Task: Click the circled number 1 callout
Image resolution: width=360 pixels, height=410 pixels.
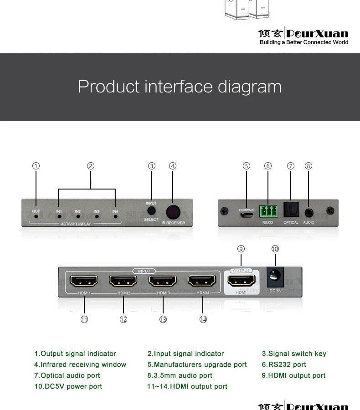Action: click(36, 166)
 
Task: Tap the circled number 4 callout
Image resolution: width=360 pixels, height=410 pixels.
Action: click(173, 166)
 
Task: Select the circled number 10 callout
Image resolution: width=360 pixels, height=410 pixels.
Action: click(275, 249)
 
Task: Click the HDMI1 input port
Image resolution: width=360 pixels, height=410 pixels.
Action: click(84, 281)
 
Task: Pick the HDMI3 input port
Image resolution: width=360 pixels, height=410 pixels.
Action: click(163, 281)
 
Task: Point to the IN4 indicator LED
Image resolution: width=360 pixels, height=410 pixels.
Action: click(115, 217)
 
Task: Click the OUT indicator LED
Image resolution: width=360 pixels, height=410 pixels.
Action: click(36, 217)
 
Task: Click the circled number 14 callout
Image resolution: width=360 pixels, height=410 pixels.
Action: click(203, 320)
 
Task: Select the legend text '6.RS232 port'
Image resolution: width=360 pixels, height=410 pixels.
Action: click(284, 364)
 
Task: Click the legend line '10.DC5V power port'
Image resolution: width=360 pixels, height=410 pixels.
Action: click(68, 386)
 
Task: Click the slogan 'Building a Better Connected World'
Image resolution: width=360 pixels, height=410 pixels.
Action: click(303, 42)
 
